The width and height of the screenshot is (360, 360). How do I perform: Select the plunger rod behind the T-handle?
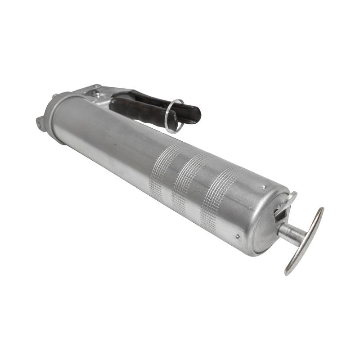(290, 233)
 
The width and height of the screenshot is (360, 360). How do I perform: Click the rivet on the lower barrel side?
(237, 236)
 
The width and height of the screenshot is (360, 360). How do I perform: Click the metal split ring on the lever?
(174, 116)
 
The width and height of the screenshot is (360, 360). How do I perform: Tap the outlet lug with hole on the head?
(41, 122)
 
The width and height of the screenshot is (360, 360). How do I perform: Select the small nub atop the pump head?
(55, 96)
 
